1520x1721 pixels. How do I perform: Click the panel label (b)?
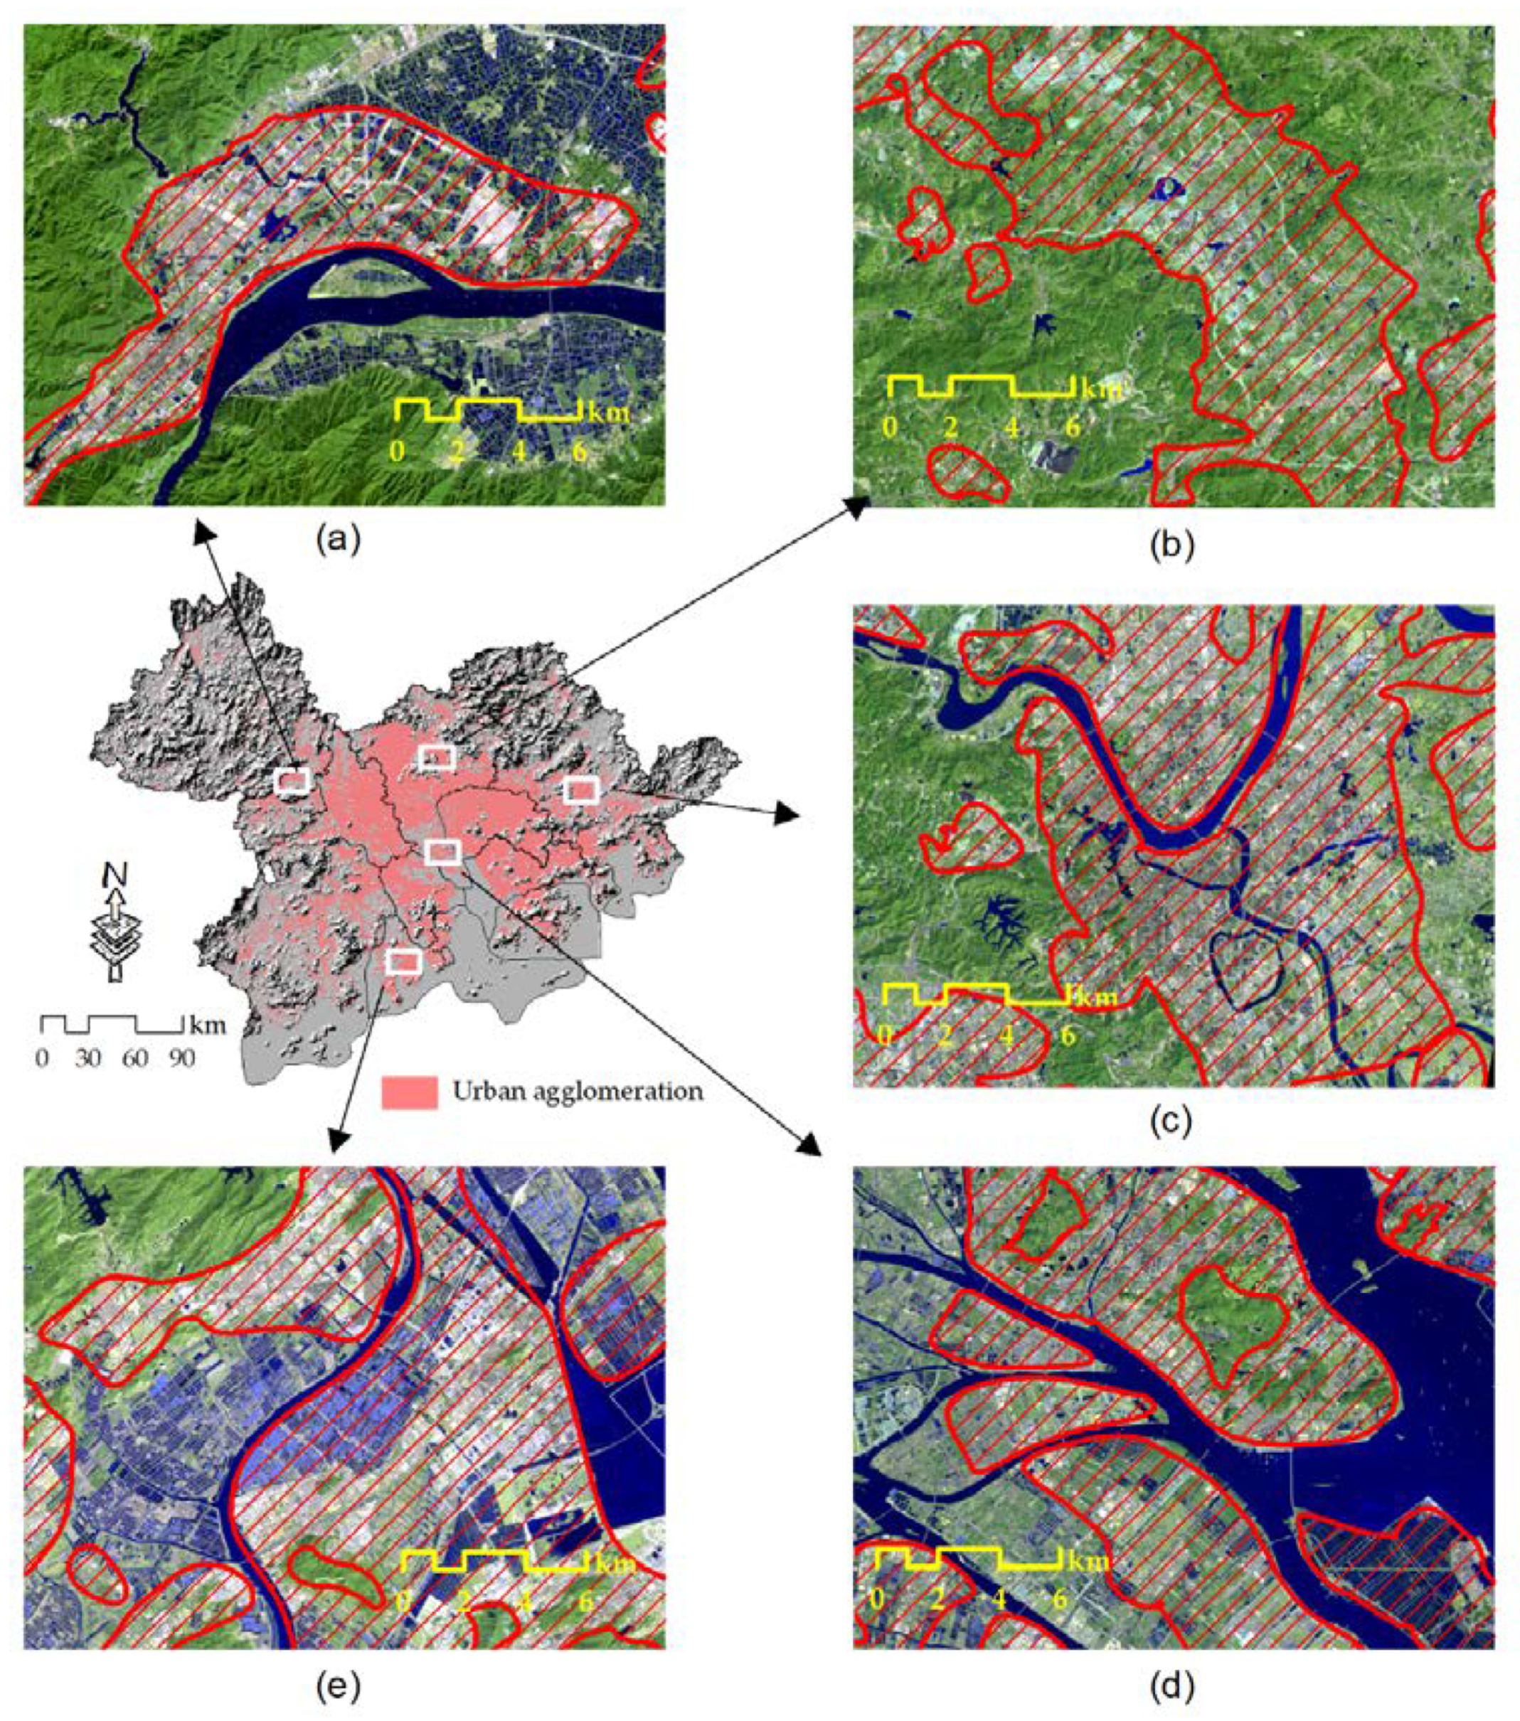pyautogui.click(x=1172, y=545)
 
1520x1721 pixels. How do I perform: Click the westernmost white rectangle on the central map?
pyautogui.click(x=292, y=781)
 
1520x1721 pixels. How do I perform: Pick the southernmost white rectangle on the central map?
pyautogui.click(x=403, y=961)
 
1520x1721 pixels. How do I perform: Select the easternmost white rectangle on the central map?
pyautogui.click(x=581, y=790)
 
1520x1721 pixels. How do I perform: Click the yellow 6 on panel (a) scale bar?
pyautogui.click(x=580, y=452)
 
